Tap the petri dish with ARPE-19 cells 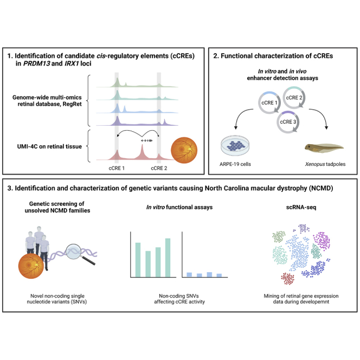pyautogui.click(x=237, y=145)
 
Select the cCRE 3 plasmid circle pyautogui.click(x=287, y=118)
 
